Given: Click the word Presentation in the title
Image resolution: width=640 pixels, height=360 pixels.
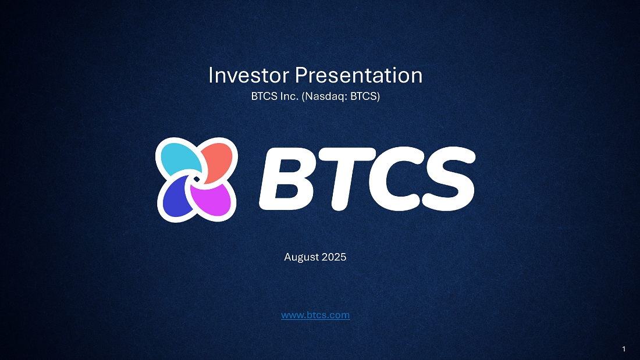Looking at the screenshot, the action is [359, 76].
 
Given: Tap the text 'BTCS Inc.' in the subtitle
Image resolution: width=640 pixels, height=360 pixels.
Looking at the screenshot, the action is [275, 97].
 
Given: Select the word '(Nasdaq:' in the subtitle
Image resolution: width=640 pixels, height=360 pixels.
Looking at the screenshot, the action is [325, 97].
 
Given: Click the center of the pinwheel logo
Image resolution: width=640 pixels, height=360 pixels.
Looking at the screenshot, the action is [196, 180].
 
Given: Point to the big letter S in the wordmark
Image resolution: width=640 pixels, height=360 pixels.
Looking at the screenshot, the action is [449, 179].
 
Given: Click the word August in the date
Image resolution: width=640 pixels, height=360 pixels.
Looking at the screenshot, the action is [301, 258].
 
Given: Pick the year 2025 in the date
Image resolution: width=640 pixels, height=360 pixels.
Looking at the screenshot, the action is [334, 257].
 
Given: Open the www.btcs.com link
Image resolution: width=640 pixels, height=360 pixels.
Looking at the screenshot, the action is [315, 315].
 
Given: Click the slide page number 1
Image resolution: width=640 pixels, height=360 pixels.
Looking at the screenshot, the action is [624, 349].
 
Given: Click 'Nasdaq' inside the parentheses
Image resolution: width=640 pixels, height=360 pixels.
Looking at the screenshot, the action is [325, 97].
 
